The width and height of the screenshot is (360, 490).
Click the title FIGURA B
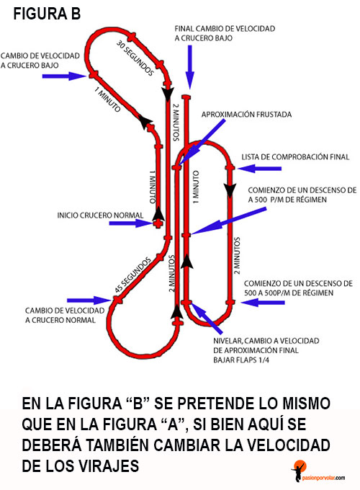[47, 14]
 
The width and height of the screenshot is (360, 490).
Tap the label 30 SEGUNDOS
[135, 58]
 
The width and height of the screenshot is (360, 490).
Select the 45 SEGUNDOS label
[132, 275]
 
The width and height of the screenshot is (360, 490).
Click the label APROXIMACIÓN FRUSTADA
[246, 115]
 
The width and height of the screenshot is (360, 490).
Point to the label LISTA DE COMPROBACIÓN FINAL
[295, 157]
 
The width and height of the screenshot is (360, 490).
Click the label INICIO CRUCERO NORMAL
[100, 215]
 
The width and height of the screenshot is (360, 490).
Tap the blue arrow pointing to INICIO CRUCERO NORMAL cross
[130, 223]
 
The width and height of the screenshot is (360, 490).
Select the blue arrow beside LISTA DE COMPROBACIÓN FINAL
[259, 169]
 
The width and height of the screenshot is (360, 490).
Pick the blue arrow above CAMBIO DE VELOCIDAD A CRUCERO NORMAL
[89, 300]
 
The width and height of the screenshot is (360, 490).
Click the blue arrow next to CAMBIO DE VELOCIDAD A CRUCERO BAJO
[64, 76]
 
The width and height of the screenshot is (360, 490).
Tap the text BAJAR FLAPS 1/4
[241, 360]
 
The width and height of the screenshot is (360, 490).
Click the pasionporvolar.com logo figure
[299, 471]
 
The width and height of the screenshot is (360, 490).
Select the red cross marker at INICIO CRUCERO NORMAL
[158, 223]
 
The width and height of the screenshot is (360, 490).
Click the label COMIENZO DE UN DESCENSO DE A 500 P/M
[302, 195]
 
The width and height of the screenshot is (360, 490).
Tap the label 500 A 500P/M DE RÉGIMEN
[289, 293]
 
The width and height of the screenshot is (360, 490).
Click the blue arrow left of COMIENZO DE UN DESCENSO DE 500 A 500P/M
[263, 303]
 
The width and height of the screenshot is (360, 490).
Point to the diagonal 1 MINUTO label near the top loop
[107, 99]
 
